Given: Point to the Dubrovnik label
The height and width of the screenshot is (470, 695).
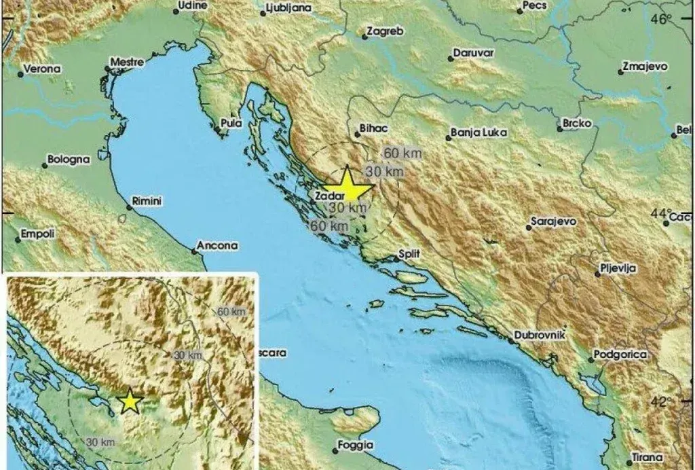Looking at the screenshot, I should [x=534, y=336].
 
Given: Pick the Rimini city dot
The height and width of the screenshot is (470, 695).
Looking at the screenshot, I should [x=129, y=206].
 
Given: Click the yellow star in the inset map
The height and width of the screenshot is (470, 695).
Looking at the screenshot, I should [x=129, y=402].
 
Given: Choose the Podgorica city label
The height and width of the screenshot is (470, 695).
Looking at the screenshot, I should [x=620, y=354].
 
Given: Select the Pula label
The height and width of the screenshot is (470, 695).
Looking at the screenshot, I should [x=231, y=124].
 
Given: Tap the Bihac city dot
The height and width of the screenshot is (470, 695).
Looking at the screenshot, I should [x=359, y=134].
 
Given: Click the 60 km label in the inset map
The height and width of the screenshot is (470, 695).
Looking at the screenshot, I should [x=231, y=311].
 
